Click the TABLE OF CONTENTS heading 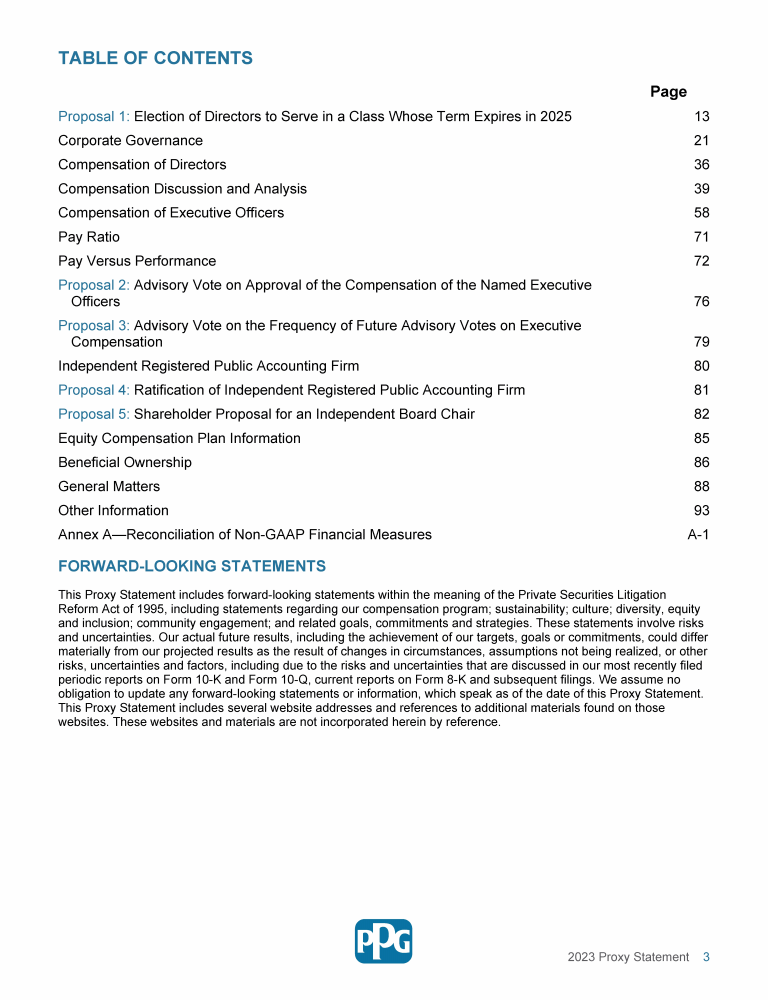coord(155,58)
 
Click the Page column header coord(668,92)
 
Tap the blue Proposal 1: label coord(94,117)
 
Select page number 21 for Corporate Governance coord(701,141)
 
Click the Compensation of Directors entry coord(142,165)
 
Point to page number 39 coord(701,189)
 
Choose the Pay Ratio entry coord(89,237)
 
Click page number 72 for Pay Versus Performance coord(701,261)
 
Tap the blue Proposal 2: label coord(94,285)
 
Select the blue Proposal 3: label coord(94,326)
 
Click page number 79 coord(701,342)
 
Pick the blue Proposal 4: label coord(94,390)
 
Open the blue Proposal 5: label coord(94,414)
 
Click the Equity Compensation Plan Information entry coord(179,438)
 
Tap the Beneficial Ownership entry coord(125,462)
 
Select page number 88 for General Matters coord(701,486)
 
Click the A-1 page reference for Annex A coord(698,535)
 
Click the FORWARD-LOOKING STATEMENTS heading coord(192,567)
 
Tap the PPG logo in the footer coord(383,941)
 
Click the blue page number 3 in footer coord(706,957)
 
